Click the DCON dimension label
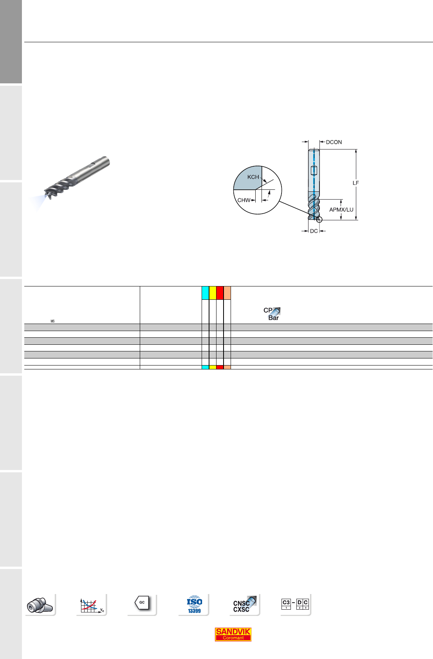pyautogui.click(x=334, y=142)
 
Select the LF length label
pyautogui.click(x=355, y=183)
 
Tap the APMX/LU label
pyautogui.click(x=341, y=210)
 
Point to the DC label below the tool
pyautogui.click(x=314, y=231)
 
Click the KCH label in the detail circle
pyautogui.click(x=253, y=177)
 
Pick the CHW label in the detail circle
pyautogui.click(x=244, y=200)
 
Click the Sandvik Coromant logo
pyautogui.click(x=233, y=635)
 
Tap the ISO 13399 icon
pyautogui.click(x=194, y=604)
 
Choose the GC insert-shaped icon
pyautogui.click(x=142, y=603)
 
